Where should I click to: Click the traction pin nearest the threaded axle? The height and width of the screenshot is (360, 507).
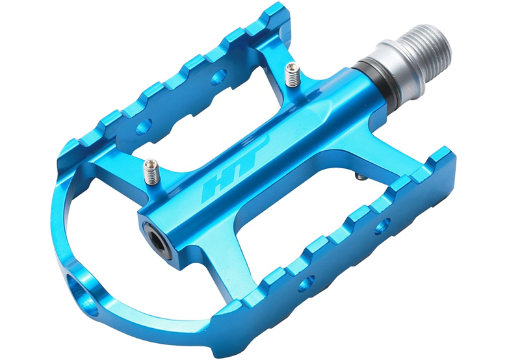(x=292, y=75)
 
